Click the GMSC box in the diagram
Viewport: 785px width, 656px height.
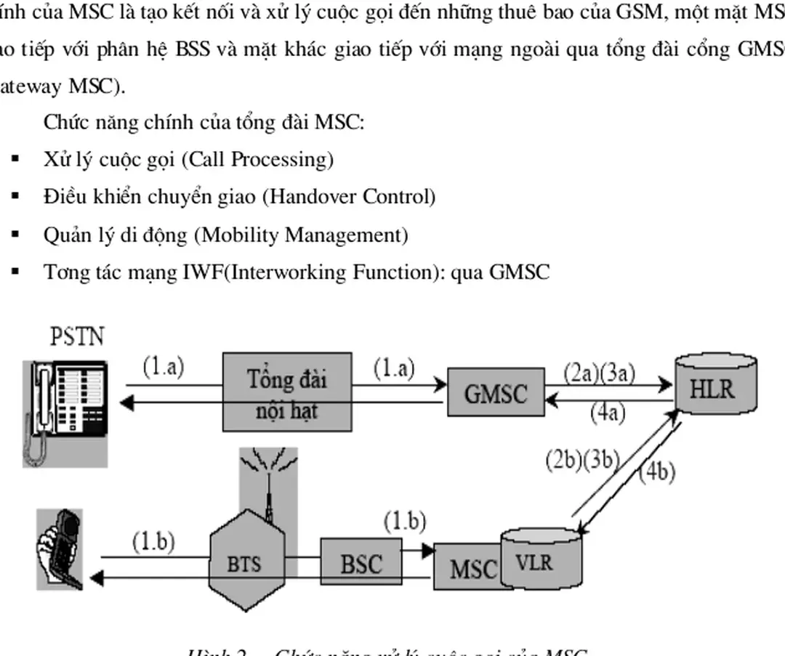click(x=495, y=393)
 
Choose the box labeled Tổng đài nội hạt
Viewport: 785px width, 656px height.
click(x=287, y=390)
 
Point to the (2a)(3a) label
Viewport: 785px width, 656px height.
click(x=600, y=373)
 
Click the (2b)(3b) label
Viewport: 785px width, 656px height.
click(x=581, y=462)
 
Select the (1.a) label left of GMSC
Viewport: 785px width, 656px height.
click(x=393, y=368)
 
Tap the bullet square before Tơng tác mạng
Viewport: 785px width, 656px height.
click(x=15, y=272)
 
